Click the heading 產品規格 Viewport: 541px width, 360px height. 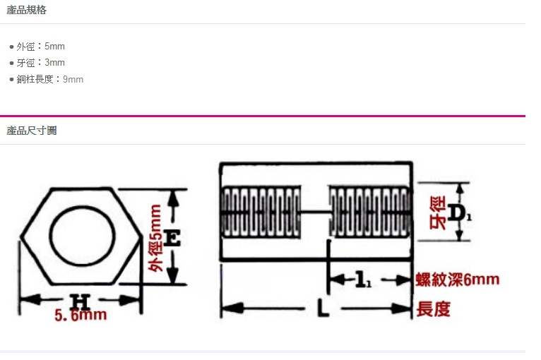point(27,10)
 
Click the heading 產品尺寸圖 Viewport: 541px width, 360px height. point(31,131)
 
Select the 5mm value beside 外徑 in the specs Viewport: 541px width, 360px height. point(54,46)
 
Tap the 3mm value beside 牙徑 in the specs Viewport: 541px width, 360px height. point(54,62)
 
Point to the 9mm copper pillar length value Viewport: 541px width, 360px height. point(73,79)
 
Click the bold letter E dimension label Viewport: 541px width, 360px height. point(172,238)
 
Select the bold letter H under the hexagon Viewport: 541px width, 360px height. point(80,301)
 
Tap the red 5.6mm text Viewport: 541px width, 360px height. point(81,315)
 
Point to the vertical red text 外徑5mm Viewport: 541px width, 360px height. point(155,238)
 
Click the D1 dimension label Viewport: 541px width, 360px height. point(459,212)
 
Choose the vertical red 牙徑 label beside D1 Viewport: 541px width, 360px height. point(437,212)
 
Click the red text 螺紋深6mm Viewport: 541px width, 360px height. point(457,280)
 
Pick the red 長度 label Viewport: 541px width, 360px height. point(434,308)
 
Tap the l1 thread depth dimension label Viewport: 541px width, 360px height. point(363,280)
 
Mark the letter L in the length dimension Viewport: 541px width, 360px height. point(323,308)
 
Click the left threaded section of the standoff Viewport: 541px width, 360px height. point(261,212)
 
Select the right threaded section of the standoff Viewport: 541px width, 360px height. point(370,212)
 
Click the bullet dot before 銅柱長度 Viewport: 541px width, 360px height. point(12,80)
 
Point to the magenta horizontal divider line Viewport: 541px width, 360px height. point(263,116)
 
